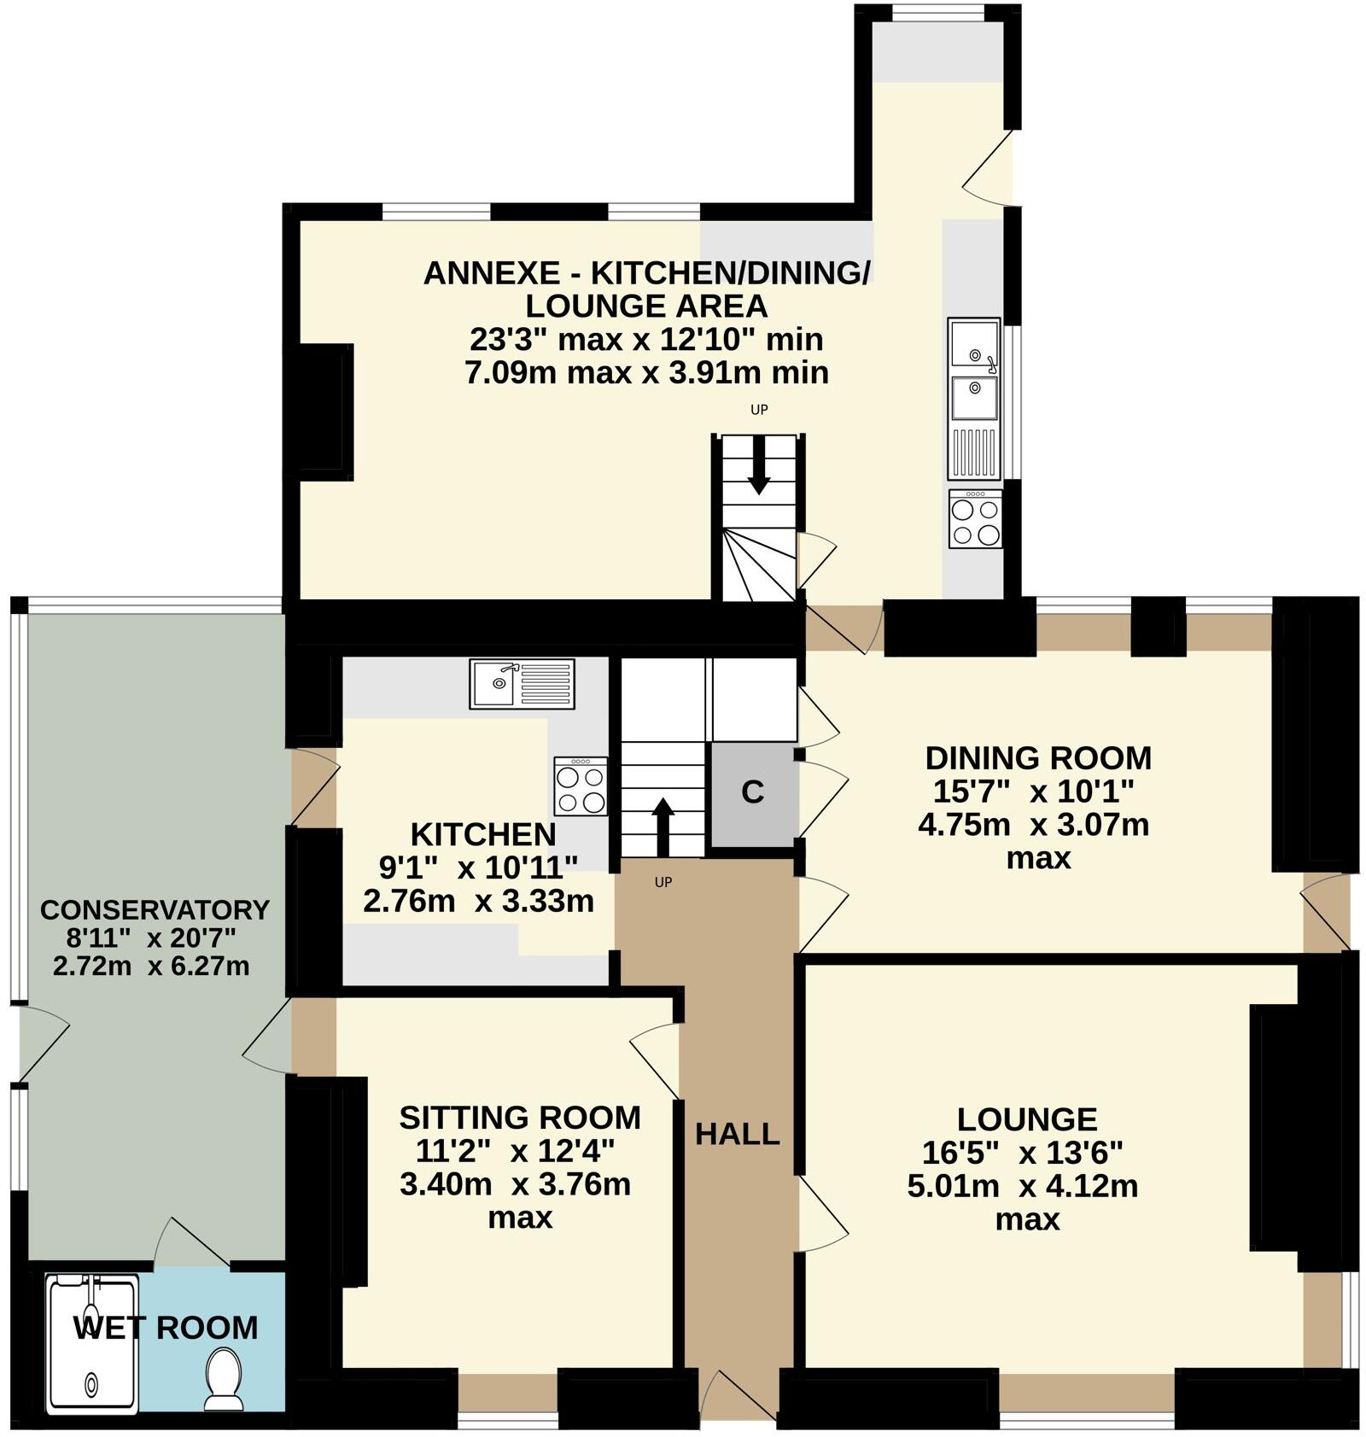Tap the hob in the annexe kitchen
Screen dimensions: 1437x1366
click(975, 519)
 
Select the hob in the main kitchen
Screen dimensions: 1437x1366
click(581, 786)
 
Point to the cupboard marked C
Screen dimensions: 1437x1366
click(752, 793)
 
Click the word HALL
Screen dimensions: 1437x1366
click(738, 1135)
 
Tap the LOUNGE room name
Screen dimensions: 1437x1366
click(1027, 1119)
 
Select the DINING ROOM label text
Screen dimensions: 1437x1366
click(1038, 758)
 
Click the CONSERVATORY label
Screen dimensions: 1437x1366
click(155, 909)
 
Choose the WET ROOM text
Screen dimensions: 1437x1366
click(166, 1328)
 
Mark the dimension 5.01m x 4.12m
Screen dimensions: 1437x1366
click(1023, 1187)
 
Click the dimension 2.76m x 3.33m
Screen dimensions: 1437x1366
click(478, 901)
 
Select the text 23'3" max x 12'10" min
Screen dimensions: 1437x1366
click(645, 340)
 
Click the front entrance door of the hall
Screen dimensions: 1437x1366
click(738, 1401)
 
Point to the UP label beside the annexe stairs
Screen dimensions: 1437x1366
click(759, 410)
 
